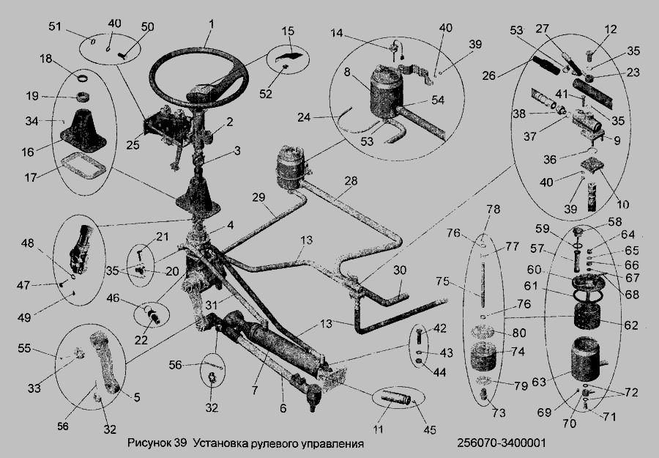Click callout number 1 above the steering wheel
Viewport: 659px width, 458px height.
pos(211,23)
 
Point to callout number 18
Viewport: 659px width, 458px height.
pos(46,59)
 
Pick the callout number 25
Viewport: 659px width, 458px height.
pos(133,145)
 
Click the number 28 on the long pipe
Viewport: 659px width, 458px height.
pos(351,181)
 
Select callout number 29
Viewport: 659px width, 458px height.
pos(259,198)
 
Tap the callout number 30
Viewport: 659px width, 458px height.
pos(400,270)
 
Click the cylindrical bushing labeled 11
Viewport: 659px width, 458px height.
pos(395,397)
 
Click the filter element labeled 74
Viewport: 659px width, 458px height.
pos(485,356)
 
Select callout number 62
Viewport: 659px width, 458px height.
pos(631,325)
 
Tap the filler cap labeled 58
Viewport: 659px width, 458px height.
pos(578,232)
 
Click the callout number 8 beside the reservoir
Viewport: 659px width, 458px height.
pos(347,72)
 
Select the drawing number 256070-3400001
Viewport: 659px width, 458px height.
pos(502,443)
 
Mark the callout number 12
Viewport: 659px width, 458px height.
pos(610,29)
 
